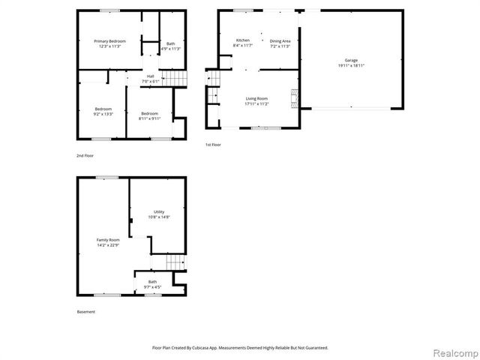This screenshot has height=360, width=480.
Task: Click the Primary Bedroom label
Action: (x=109, y=40)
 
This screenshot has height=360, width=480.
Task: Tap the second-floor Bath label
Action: (x=171, y=43)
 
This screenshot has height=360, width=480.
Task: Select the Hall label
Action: (x=151, y=76)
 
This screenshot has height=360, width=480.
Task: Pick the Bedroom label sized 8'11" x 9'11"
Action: (x=149, y=113)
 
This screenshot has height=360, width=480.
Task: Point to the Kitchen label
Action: (x=243, y=40)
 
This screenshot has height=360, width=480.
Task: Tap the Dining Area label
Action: (x=280, y=40)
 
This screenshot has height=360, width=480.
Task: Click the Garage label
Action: (x=351, y=60)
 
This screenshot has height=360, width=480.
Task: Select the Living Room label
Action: (x=257, y=98)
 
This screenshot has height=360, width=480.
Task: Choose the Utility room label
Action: (x=158, y=212)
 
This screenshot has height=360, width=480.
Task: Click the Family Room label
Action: (x=107, y=240)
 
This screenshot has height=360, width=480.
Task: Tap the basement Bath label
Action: (x=152, y=282)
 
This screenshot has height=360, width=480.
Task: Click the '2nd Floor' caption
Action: (x=85, y=155)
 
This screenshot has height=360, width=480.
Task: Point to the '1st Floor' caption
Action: (x=213, y=144)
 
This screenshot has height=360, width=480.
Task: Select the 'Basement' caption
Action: (x=86, y=312)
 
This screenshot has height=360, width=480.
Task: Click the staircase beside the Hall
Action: (x=173, y=78)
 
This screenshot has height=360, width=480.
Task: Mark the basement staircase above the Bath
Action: (x=174, y=262)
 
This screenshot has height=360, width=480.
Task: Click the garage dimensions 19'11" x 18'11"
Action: (x=351, y=65)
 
